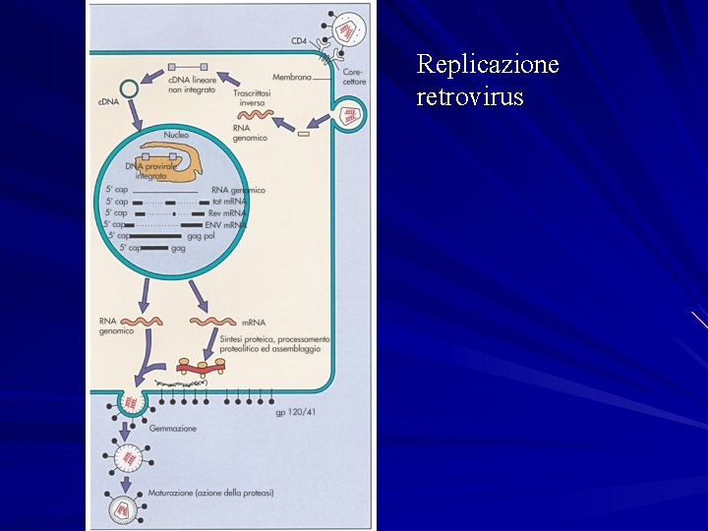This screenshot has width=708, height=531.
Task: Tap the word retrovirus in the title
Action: point(470,97)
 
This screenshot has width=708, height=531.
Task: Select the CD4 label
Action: point(298,41)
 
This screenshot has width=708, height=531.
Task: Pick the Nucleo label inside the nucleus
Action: point(176,134)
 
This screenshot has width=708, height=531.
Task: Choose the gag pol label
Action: point(201,236)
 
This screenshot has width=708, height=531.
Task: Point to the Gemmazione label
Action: point(173,429)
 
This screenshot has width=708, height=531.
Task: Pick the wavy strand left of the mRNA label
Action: point(212,322)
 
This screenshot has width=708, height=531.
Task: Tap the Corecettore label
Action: point(354,77)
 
